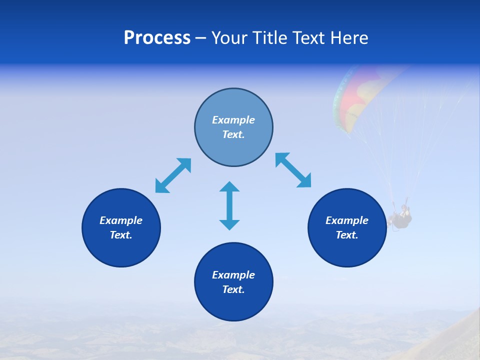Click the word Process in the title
pyautogui.click(x=157, y=38)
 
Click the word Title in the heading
pyautogui.click(x=273, y=38)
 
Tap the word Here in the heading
pyautogui.click(x=348, y=38)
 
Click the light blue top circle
pyautogui.click(x=233, y=100)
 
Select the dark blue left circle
pyautogui.click(x=121, y=250)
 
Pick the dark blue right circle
pyautogui.click(x=347, y=250)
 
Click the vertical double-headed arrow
pyautogui.click(x=229, y=205)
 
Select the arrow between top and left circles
pyautogui.click(x=173, y=175)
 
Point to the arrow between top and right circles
pyautogui.click(x=293, y=170)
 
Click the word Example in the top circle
pyautogui.click(x=233, y=120)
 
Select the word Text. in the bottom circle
pyautogui.click(x=233, y=289)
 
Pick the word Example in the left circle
pyautogui.click(x=121, y=220)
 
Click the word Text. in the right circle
pyautogui.click(x=347, y=235)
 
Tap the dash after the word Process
pyautogui.click(x=201, y=38)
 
